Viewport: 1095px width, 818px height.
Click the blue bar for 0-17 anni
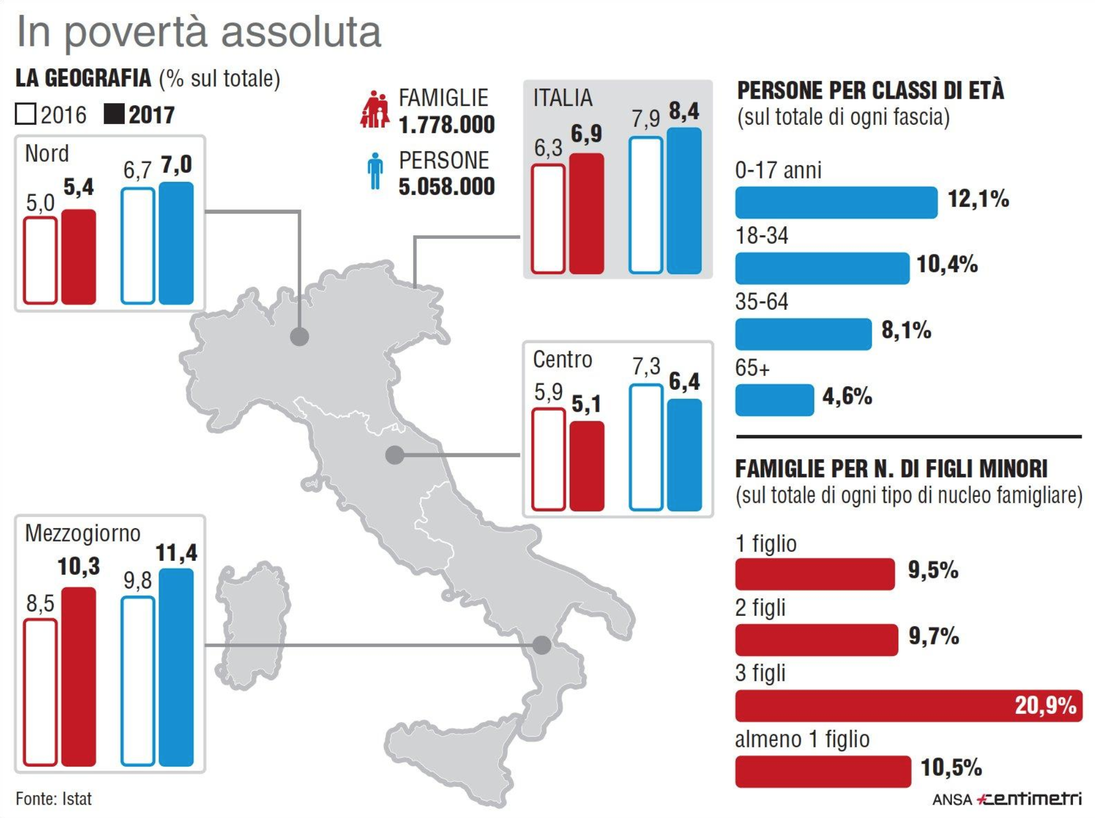[836, 202]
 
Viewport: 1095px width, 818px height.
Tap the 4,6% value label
[847, 397]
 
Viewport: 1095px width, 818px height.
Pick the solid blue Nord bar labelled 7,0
[176, 243]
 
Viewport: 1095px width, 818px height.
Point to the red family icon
[375, 109]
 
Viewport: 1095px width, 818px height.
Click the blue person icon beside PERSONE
[375, 171]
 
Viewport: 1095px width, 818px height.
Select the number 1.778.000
[447, 125]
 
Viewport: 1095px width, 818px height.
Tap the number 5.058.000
[447, 187]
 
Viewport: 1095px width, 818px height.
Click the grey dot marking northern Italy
[300, 336]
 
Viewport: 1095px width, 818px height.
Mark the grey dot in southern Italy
[542, 645]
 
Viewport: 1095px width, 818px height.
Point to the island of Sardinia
[252, 626]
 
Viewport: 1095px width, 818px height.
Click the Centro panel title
[562, 360]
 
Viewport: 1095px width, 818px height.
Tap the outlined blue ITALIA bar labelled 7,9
[646, 205]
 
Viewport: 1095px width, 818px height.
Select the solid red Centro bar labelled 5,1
[587, 466]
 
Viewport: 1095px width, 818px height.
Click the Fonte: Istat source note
[54, 799]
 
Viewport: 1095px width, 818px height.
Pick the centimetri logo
[1029, 799]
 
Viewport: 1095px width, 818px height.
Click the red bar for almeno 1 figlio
[823, 771]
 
